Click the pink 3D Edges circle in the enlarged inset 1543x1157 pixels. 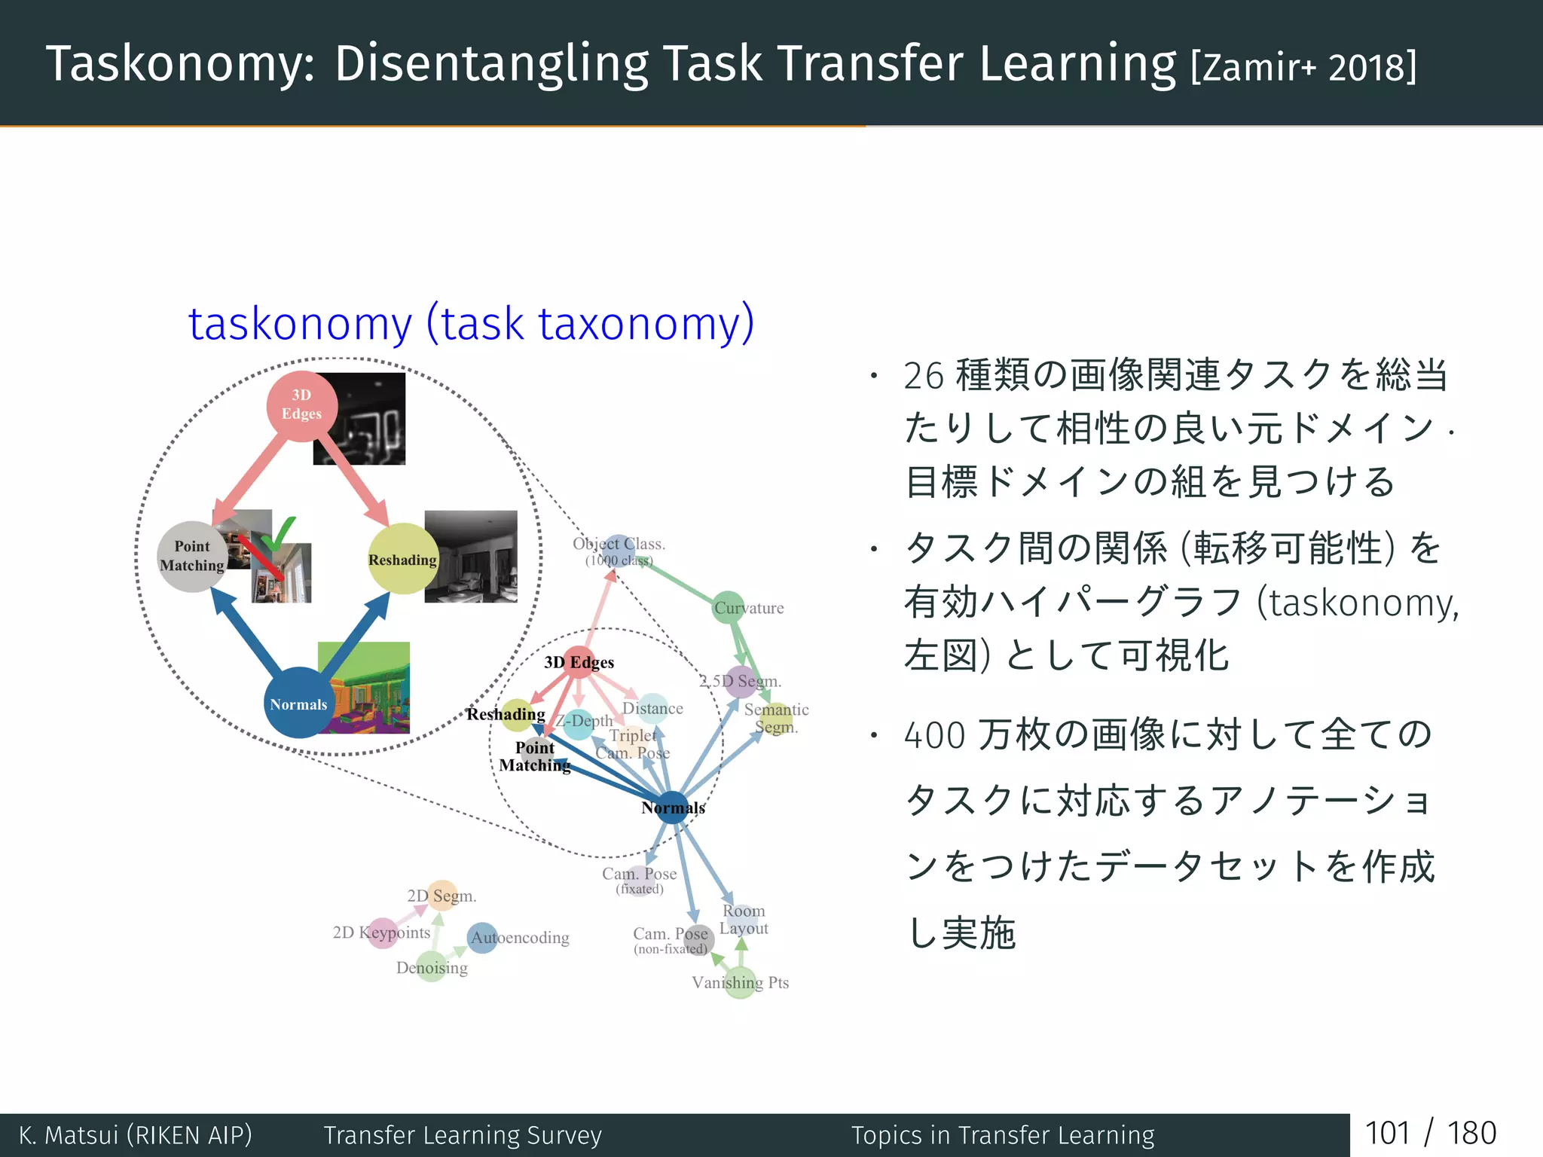(301, 405)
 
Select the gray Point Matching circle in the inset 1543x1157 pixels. (192, 557)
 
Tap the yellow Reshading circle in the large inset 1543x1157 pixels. (402, 559)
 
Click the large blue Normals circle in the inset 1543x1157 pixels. (299, 703)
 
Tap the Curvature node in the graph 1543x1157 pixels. (729, 608)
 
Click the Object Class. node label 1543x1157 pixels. (619, 545)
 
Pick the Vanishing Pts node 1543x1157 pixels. (740, 983)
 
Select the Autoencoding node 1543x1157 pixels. (483, 938)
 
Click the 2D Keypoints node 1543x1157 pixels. (382, 933)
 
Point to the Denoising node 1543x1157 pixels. (432, 967)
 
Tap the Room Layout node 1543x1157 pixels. (743, 919)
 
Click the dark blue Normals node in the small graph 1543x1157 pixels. (672, 807)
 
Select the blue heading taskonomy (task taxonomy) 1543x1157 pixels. (471, 324)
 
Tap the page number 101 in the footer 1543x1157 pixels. (1387, 1134)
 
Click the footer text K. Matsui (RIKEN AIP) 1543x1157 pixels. (136, 1135)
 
